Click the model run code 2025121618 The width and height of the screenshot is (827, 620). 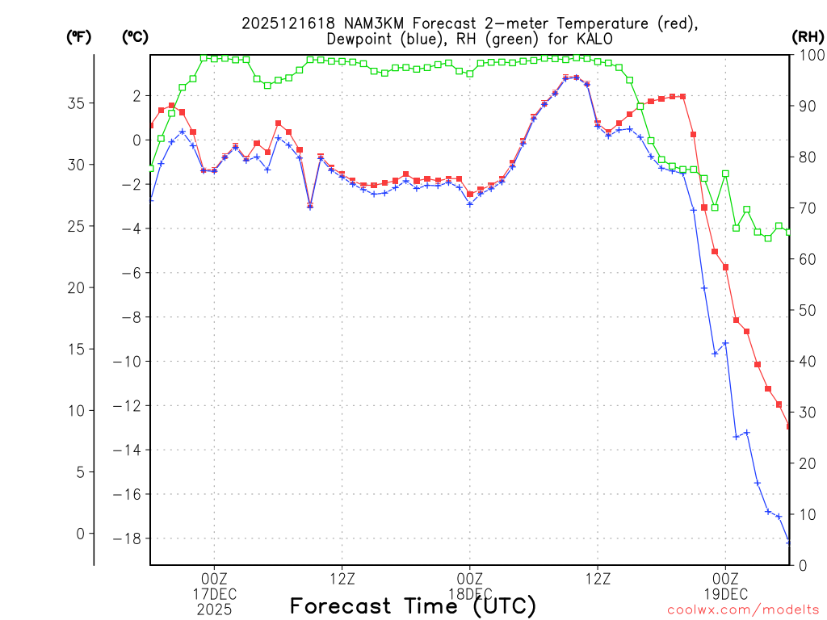coord(289,23)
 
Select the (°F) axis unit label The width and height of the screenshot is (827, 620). coord(79,37)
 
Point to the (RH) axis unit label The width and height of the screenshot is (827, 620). coord(808,37)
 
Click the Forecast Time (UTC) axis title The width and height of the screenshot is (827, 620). coord(413,605)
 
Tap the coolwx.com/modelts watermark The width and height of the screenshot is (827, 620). coord(743,610)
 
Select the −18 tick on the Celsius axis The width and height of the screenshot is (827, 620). coord(131,539)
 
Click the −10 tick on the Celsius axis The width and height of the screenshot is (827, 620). coord(131,362)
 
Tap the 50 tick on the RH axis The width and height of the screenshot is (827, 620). coord(806,310)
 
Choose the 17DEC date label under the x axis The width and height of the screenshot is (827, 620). coord(214,594)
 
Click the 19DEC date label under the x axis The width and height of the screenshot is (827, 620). coord(725,594)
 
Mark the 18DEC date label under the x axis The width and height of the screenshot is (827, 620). coord(469,594)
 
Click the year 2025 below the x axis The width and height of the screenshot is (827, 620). coord(214,610)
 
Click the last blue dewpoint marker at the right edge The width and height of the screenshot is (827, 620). coord(789,542)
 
